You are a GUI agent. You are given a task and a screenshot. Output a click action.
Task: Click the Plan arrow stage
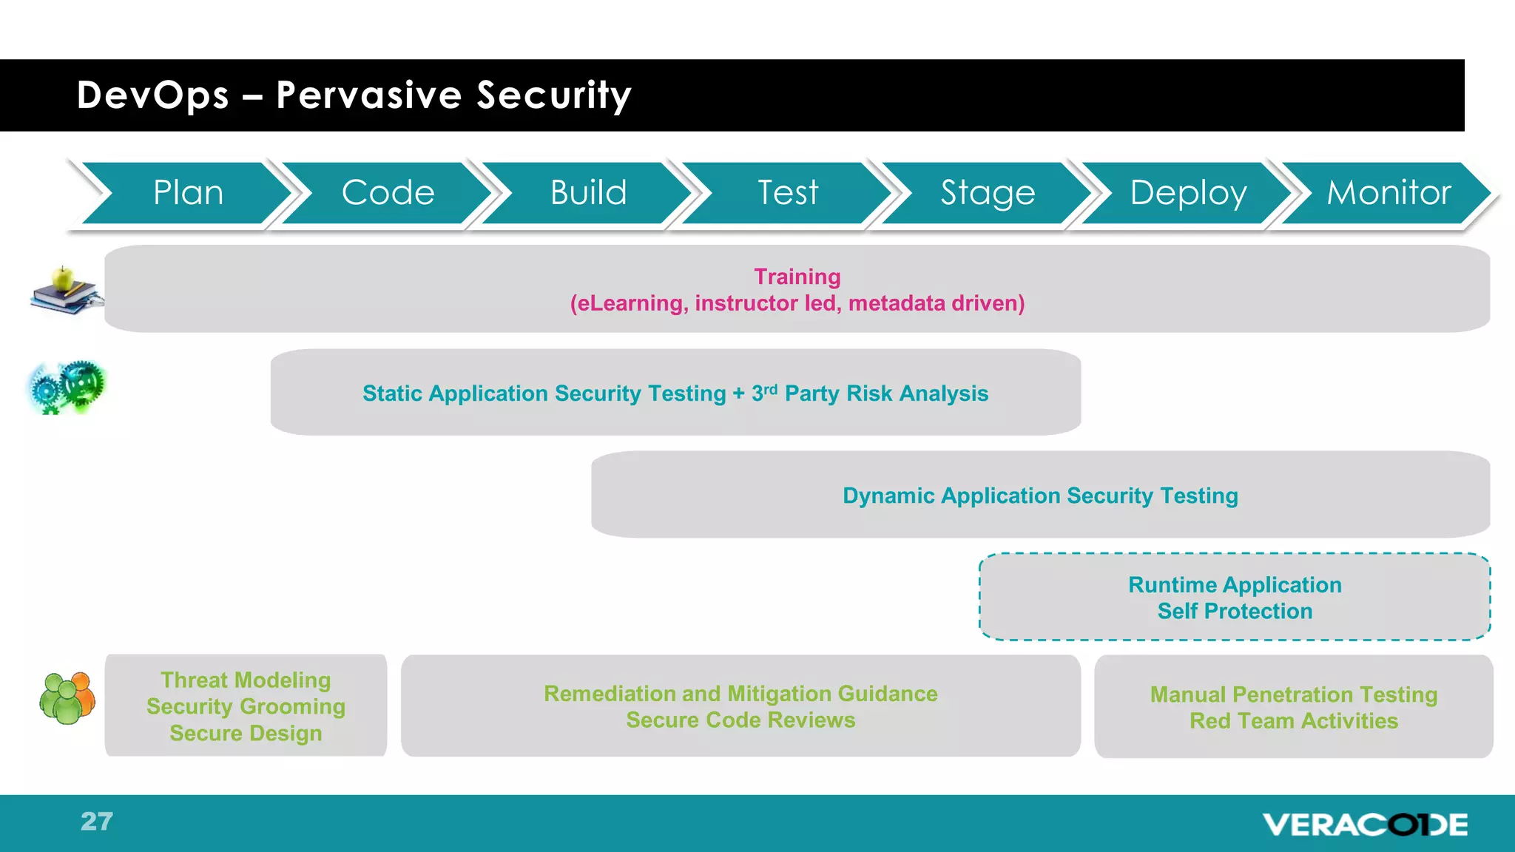tap(188, 193)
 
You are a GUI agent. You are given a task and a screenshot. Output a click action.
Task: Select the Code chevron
tap(388, 193)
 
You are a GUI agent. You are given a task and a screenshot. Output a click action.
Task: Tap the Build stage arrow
tap(588, 193)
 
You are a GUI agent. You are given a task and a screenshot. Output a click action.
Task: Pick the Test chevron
tap(788, 193)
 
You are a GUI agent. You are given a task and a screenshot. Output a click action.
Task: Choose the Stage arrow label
tap(988, 193)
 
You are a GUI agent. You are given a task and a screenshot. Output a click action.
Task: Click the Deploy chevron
tap(1188, 193)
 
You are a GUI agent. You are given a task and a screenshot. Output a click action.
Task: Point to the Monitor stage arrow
tap(1389, 193)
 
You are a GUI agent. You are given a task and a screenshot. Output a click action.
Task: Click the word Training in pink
tap(797, 277)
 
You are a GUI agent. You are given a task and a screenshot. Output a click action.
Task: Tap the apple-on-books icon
tap(66, 291)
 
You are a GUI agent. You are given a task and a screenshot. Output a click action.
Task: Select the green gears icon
tap(67, 388)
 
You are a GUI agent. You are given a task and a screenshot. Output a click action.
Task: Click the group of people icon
tap(67, 697)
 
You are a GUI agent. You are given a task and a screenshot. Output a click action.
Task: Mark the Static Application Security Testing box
tap(675, 393)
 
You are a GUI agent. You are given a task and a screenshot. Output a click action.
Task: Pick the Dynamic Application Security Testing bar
tap(1039, 495)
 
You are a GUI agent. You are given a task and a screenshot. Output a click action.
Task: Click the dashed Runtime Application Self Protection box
tap(1234, 597)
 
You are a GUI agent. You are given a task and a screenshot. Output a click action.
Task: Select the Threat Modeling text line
tap(246, 680)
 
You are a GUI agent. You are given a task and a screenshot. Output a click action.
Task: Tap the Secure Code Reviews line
tap(740, 720)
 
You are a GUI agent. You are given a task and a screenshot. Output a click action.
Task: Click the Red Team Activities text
tap(1293, 720)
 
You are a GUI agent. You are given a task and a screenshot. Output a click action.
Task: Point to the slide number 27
tap(97, 822)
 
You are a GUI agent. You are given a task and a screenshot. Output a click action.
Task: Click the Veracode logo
tap(1365, 824)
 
